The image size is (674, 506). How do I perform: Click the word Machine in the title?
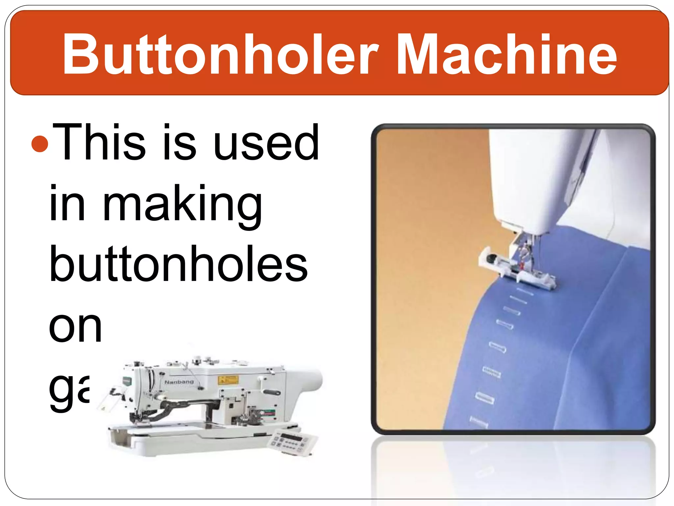coord(507,54)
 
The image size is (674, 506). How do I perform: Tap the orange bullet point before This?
coord(40,144)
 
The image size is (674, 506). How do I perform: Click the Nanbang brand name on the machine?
coord(179,382)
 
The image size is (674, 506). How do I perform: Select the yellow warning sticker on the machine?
coord(228,380)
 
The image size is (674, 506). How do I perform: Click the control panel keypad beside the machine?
coord(292,441)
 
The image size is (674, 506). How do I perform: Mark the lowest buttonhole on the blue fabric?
coord(479,422)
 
